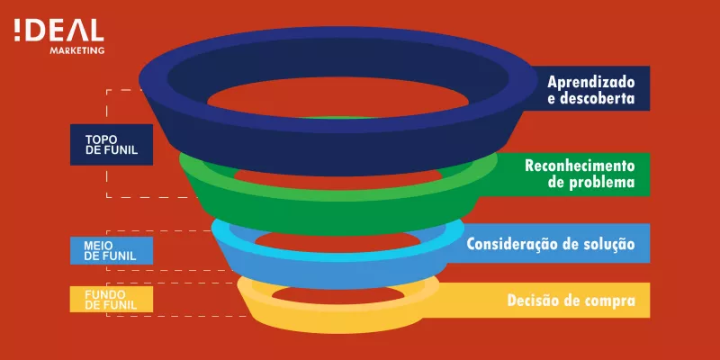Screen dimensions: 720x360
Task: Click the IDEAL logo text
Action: click(58, 31)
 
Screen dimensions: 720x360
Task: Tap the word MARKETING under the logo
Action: click(77, 50)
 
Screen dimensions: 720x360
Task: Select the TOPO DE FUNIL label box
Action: click(111, 144)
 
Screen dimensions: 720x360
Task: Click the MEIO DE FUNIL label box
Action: click(111, 250)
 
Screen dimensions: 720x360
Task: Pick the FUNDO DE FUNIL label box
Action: click(111, 299)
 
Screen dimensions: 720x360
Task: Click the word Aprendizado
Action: click(591, 82)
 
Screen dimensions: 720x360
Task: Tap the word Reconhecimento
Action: click(580, 166)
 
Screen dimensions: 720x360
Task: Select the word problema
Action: click(603, 182)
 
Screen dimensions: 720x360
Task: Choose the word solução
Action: click(608, 244)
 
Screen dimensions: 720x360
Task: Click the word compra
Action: click(609, 301)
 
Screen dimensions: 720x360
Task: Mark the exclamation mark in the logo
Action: click(17, 31)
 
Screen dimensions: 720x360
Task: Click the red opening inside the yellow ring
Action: click(338, 295)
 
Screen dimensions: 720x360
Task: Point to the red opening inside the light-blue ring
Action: click(336, 241)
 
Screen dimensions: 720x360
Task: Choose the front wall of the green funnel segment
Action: click(337, 216)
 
